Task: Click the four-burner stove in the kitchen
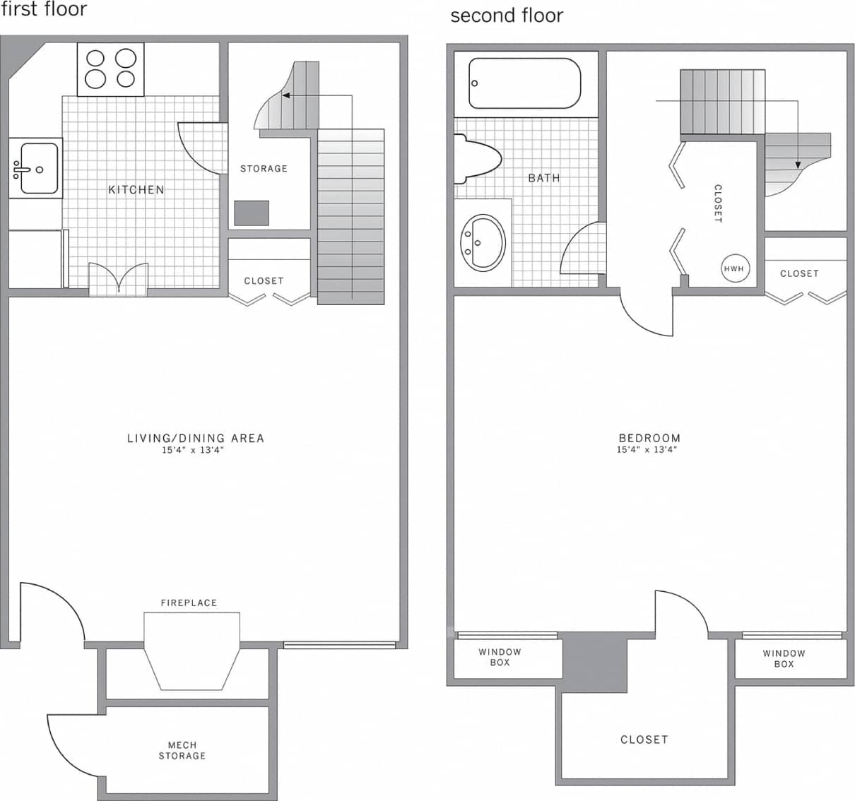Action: pyautogui.click(x=110, y=69)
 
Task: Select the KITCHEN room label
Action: pyautogui.click(x=136, y=190)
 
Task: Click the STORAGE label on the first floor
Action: pyautogui.click(x=264, y=169)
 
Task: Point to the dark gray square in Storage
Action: pyautogui.click(x=252, y=213)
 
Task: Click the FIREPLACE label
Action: pyautogui.click(x=189, y=603)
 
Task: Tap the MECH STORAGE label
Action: pyautogui.click(x=182, y=750)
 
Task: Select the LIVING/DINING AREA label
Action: pyautogui.click(x=196, y=438)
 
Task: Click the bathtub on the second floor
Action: pyautogui.click(x=525, y=83)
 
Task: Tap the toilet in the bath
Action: pyautogui.click(x=477, y=156)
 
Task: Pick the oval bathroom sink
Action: pyautogui.click(x=483, y=242)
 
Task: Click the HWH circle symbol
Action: pyautogui.click(x=734, y=268)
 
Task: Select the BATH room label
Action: pyautogui.click(x=544, y=178)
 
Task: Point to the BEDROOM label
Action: pyautogui.click(x=649, y=438)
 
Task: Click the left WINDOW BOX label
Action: pyautogui.click(x=500, y=657)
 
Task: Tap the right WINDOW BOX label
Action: pyautogui.click(x=784, y=658)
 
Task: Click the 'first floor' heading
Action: pyautogui.click(x=44, y=9)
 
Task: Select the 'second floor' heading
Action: pyautogui.click(x=507, y=16)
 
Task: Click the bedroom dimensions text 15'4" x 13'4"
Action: pyautogui.click(x=647, y=449)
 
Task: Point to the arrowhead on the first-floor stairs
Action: pyautogui.click(x=288, y=95)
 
